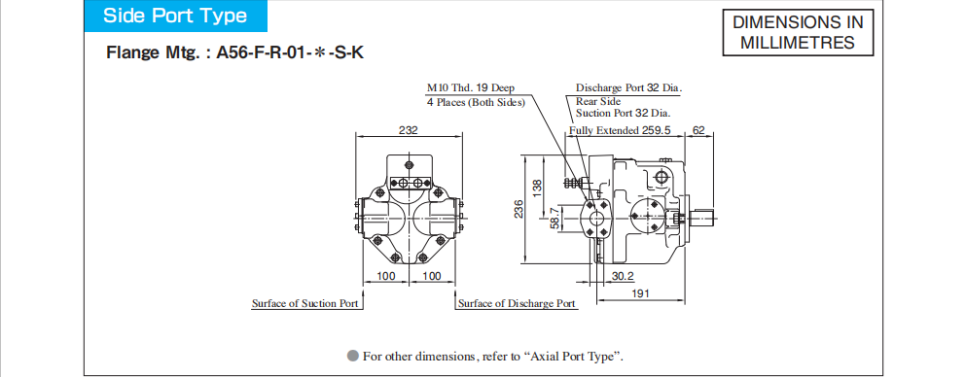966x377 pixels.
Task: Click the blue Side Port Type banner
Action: (175, 16)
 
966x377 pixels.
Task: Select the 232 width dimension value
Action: (408, 130)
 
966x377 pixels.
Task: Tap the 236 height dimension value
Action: (519, 209)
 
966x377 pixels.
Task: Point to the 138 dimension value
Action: (537, 187)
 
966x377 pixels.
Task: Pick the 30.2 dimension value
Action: (623, 276)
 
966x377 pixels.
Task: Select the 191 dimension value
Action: (641, 294)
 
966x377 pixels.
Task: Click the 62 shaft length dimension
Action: (698, 130)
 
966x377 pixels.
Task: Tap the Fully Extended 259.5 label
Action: (619, 130)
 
